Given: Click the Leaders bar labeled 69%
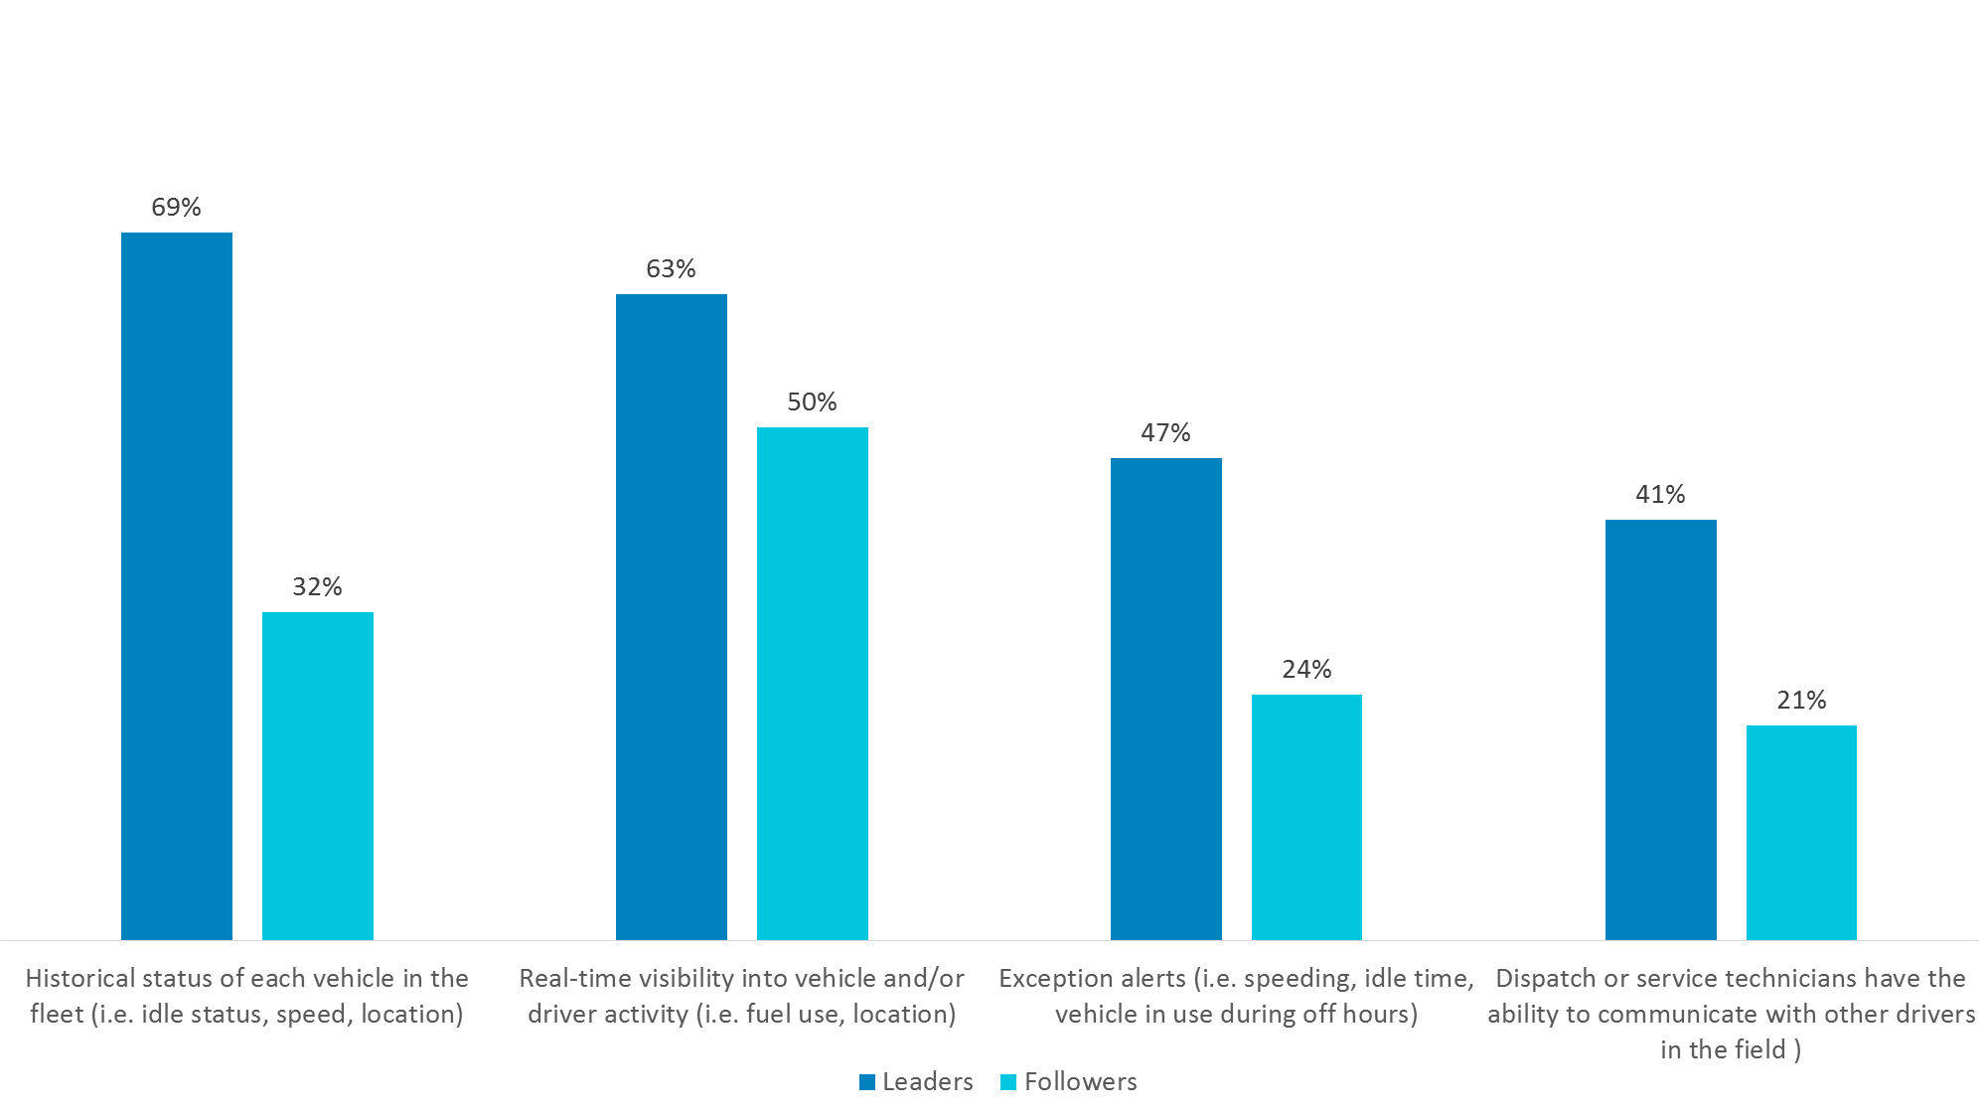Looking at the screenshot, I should (x=177, y=586).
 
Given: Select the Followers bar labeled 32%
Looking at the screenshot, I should (x=318, y=776).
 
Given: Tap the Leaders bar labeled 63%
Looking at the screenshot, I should (x=672, y=617).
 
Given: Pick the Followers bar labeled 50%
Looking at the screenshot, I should (x=813, y=684).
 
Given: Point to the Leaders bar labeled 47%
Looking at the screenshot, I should (x=1166, y=699).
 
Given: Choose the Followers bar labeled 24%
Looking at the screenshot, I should (x=1306, y=817).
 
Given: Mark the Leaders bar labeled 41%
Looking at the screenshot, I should (x=1661, y=729).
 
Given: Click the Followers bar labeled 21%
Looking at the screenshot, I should (x=1801, y=833).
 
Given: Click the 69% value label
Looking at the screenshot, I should (x=176, y=207).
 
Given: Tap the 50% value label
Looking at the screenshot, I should (x=812, y=401).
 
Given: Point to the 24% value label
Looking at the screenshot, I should (x=1306, y=669).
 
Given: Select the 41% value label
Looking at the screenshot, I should (x=1660, y=494).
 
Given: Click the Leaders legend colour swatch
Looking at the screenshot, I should (x=867, y=1082).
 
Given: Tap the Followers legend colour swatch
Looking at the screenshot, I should (x=1008, y=1082).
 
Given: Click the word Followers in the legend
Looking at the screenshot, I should (x=1081, y=1081).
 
